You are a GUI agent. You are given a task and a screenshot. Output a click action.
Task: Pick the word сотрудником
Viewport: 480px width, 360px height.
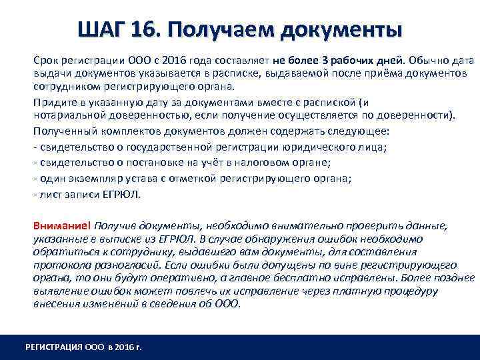click(65, 87)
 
